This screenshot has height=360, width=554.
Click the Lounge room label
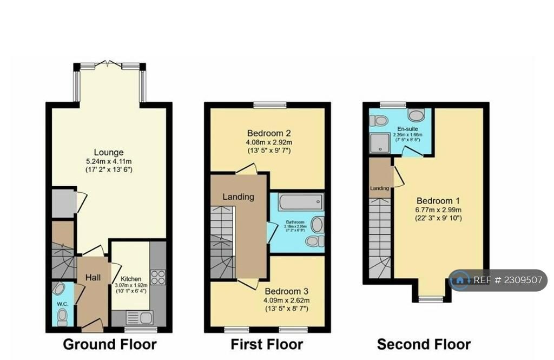[109, 152]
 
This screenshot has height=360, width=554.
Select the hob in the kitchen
[158, 277]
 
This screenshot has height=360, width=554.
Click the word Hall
[93, 278]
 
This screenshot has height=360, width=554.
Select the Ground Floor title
[110, 344]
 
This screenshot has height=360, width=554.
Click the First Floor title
[267, 344]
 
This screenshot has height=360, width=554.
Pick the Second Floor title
[424, 344]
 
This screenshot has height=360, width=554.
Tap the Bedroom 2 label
[269, 133]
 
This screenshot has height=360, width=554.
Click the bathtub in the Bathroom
[300, 202]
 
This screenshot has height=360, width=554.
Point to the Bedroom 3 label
[287, 291]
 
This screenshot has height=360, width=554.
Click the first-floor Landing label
[239, 197]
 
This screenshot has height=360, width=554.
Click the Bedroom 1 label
[438, 200]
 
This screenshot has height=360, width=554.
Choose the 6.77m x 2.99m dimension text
[438, 210]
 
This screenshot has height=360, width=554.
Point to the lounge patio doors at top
[110, 66]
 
